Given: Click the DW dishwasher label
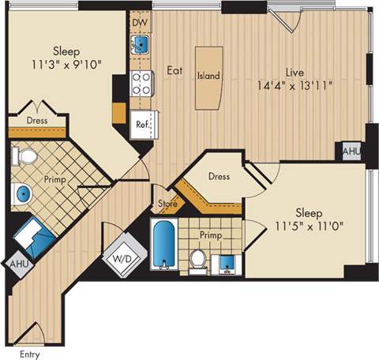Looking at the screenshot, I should tap(140, 21).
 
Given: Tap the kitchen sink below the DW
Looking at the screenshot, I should tap(140, 43).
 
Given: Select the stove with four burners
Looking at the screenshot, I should tap(141, 82).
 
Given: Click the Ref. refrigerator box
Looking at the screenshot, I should tap(143, 125).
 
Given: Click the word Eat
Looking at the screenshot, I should tap(174, 70).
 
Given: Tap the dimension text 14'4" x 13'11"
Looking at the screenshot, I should tap(295, 87).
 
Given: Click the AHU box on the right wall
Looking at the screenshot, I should tap(351, 151).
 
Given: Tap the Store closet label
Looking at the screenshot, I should tap(167, 204).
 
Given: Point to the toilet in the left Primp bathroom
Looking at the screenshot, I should tap(26, 156).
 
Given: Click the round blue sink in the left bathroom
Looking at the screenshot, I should tap(23, 193).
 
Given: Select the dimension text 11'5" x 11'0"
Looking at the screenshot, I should tap(313, 227).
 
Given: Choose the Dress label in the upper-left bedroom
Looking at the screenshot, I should tap(37, 121).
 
